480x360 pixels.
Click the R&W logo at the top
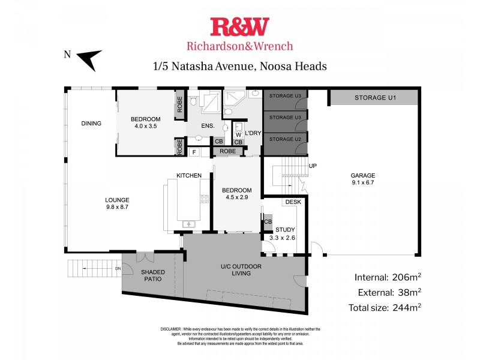click(239, 27)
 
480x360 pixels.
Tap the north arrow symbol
click(89, 59)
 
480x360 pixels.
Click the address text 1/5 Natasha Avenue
click(240, 66)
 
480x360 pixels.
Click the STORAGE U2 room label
click(285, 139)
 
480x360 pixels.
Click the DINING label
click(91, 124)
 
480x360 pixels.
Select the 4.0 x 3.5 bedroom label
click(145, 122)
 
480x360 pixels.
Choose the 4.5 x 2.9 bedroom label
click(237, 193)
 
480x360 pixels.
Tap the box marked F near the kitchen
click(194, 152)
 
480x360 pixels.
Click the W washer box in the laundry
click(238, 135)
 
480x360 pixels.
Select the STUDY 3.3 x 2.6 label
click(286, 234)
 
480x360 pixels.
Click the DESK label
click(293, 202)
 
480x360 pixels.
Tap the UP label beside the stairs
click(312, 166)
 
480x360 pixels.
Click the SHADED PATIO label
click(153, 275)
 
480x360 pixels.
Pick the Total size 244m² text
click(385, 308)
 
